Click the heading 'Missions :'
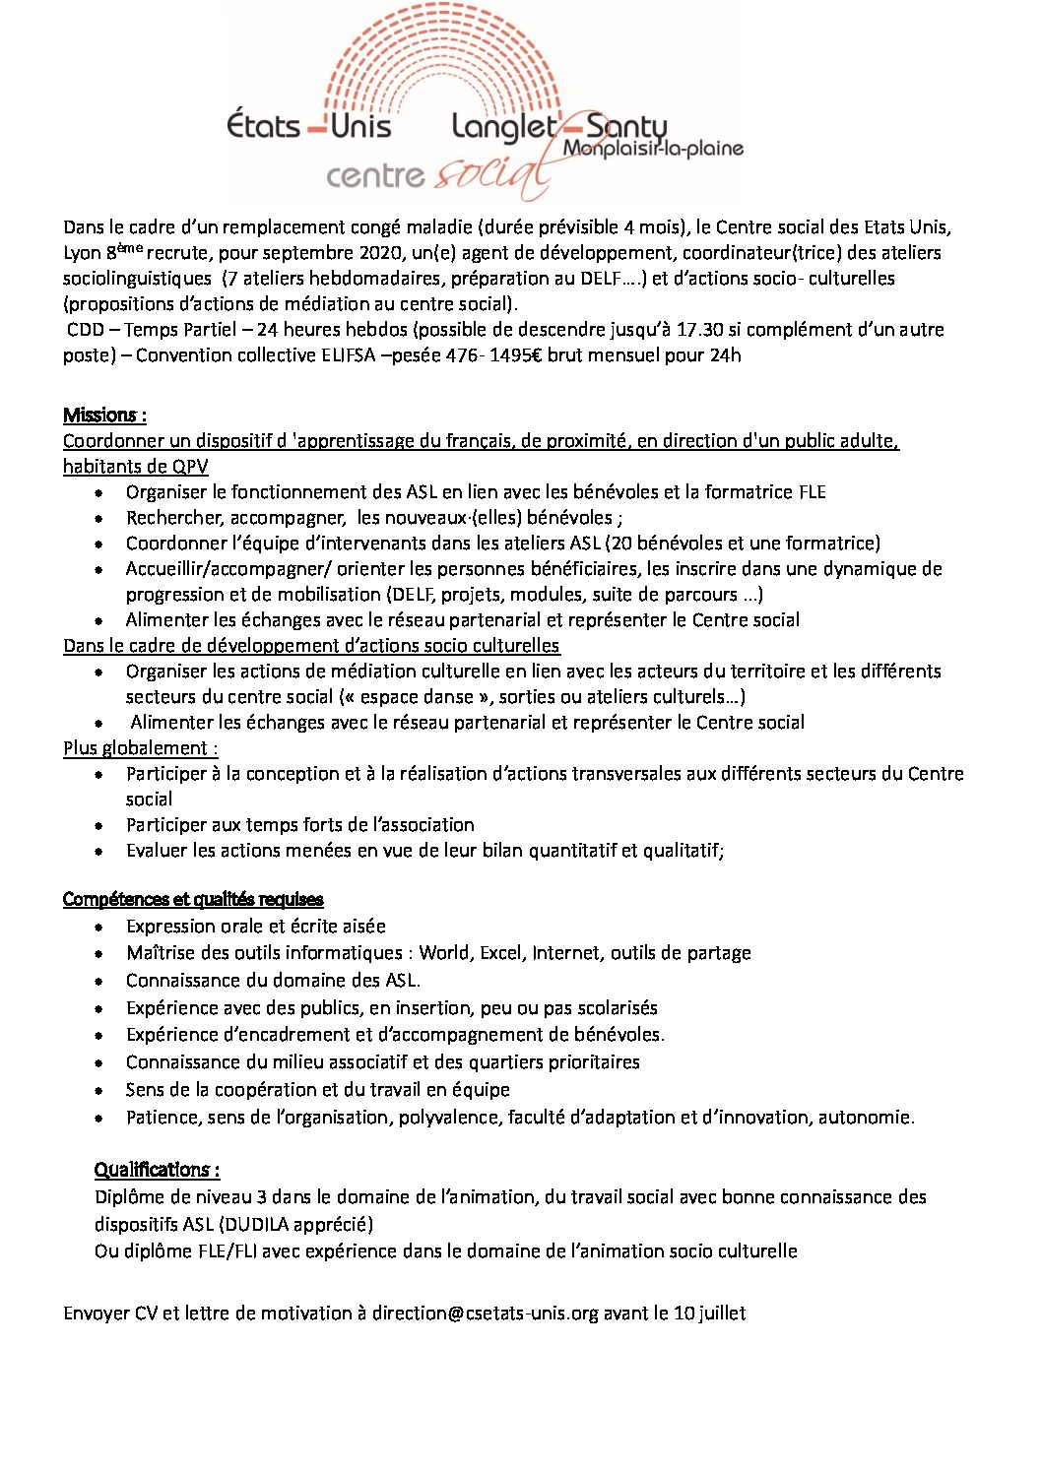coord(104,415)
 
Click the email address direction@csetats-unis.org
coord(485,1313)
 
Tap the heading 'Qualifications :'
coord(157,1169)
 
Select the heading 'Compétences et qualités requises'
coord(193,899)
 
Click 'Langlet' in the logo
coord(503,126)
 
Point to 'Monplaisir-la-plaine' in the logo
coord(653,149)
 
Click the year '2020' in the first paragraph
coord(374,252)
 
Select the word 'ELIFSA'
coord(348,354)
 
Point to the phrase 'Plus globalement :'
coord(141,747)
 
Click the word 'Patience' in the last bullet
coord(163,1117)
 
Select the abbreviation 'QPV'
coord(190,466)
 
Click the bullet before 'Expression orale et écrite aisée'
coord(99,927)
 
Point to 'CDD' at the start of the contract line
coord(86,329)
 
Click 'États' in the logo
coord(263,126)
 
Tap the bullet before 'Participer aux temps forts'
coord(99,825)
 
